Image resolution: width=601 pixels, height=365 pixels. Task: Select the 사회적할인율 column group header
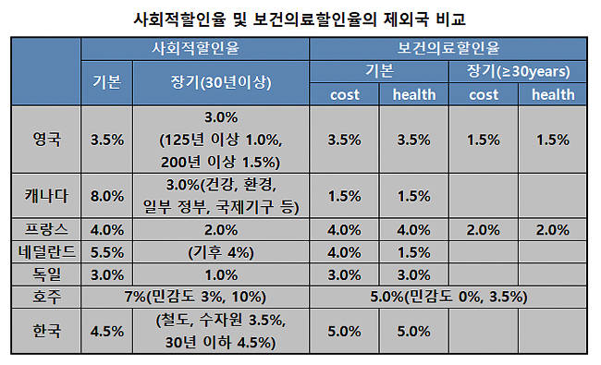[x=195, y=47]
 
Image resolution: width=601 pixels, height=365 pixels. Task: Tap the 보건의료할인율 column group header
[x=448, y=47]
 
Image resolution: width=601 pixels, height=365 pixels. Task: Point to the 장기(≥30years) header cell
[x=519, y=70]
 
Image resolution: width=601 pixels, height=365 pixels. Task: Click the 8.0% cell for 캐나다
[x=107, y=195]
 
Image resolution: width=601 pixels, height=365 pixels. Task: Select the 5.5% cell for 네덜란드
[x=107, y=251]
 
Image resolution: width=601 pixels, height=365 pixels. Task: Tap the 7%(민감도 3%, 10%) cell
[x=195, y=296]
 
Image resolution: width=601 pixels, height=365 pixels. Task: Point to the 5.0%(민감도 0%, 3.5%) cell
[x=448, y=296]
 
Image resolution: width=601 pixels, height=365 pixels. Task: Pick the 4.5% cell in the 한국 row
[x=107, y=331]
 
